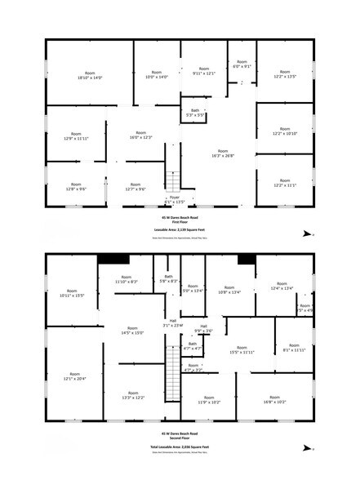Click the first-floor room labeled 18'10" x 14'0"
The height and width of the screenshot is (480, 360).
tap(89, 76)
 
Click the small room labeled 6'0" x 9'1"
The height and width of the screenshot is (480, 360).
tap(242, 65)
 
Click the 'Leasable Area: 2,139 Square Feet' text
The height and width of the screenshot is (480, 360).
tap(180, 229)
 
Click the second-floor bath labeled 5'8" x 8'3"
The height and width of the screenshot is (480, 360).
tap(169, 280)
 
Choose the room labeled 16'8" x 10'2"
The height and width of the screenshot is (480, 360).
tap(274, 400)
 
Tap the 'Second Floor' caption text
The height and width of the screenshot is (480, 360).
tap(180, 438)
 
